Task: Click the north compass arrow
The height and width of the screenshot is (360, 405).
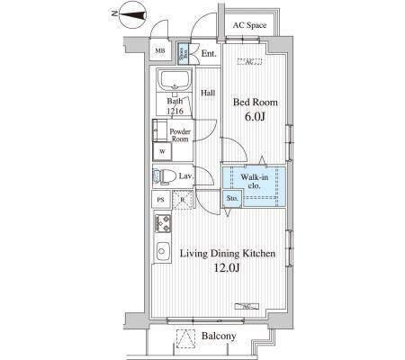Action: click(x=129, y=13)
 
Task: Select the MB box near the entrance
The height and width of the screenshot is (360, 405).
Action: click(x=159, y=51)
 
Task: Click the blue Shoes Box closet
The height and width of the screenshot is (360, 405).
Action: click(x=183, y=51)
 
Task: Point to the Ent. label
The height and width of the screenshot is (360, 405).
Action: click(x=209, y=54)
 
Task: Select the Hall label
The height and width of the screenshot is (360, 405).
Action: click(x=207, y=93)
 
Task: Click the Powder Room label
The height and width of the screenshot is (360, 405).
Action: click(x=181, y=135)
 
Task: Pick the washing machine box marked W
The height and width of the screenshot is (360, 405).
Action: click(x=163, y=151)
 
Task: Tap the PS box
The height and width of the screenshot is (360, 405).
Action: click(x=161, y=200)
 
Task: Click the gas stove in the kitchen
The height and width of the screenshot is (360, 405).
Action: click(x=165, y=221)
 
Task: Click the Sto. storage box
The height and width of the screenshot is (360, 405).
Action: click(x=231, y=197)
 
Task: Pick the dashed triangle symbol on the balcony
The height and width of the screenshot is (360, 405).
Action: click(x=186, y=337)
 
